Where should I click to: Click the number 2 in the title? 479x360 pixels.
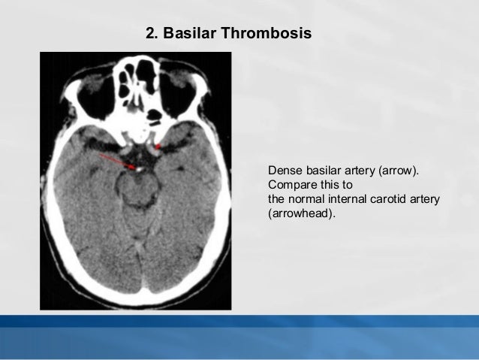pyautogui.click(x=149, y=35)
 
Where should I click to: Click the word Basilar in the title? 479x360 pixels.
pyautogui.click(x=184, y=35)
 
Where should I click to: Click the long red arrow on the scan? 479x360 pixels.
pyautogui.click(x=117, y=161)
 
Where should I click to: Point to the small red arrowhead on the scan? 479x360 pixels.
pyautogui.click(x=158, y=147)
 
